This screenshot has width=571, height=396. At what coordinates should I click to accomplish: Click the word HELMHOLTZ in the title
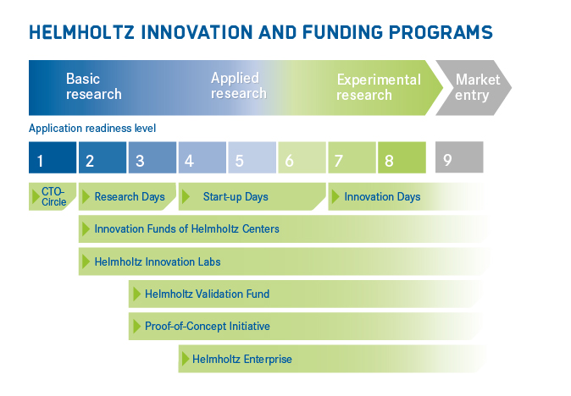82,32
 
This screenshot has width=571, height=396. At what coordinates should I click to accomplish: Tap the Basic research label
93,86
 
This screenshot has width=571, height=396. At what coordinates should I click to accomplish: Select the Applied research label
239,85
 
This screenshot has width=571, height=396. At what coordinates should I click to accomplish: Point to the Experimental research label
379,87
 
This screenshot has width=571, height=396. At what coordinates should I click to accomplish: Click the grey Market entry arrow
474,88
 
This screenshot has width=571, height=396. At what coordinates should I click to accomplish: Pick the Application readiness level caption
92,129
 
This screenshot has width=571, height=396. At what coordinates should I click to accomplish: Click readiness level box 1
53,157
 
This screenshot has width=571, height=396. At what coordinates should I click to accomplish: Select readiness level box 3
152,157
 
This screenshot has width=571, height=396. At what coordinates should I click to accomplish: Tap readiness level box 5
252,157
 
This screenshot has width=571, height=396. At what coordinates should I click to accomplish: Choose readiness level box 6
302,157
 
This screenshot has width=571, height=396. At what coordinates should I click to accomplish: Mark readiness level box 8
402,157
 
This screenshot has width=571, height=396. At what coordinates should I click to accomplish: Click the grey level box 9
459,157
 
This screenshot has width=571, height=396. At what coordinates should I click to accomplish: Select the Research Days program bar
127,196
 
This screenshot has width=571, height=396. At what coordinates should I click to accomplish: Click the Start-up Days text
236,196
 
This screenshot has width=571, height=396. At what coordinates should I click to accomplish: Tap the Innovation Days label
382,196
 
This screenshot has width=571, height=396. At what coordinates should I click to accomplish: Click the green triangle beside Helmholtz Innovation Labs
86,261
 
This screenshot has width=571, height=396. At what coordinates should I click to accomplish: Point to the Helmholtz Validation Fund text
208,294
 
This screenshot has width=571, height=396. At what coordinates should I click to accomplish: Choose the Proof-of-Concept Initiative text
208,326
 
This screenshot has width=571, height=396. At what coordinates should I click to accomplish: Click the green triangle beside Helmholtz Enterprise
186,359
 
